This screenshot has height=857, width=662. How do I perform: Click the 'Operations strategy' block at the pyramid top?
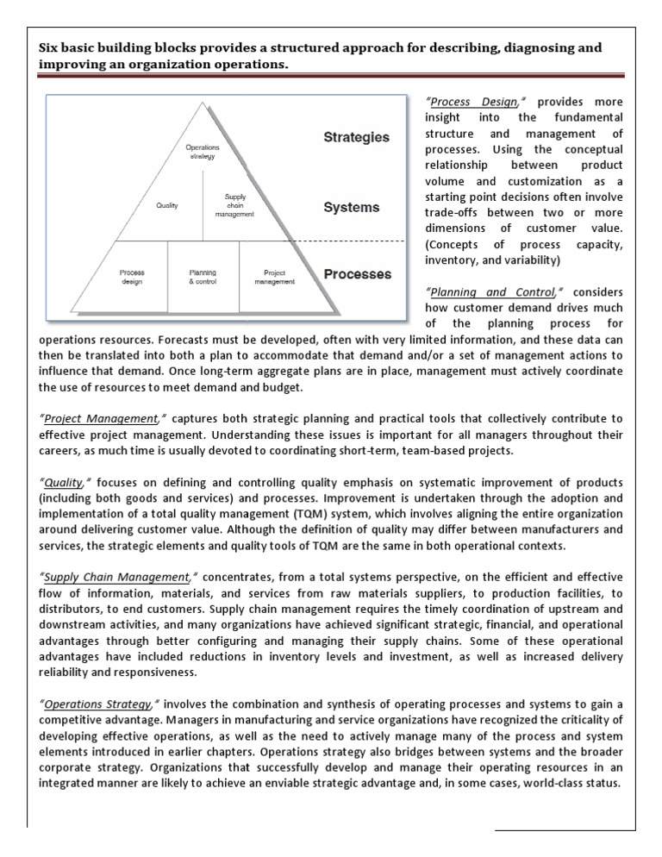[x=203, y=152]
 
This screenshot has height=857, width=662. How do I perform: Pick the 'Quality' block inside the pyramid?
[x=167, y=206]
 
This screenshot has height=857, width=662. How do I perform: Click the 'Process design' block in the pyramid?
[x=132, y=277]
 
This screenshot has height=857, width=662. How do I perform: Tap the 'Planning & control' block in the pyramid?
[x=203, y=277]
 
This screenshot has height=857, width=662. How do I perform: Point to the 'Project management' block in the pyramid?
[x=274, y=277]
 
